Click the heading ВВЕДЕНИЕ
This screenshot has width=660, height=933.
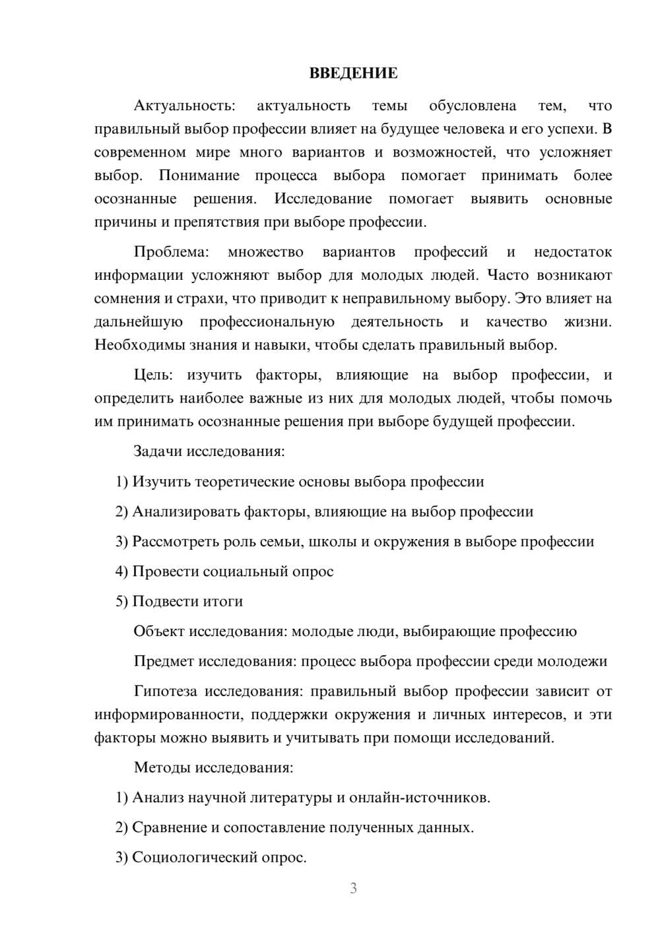click(353, 73)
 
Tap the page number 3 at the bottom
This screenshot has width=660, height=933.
click(353, 888)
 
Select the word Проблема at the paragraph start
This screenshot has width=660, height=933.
click(172, 252)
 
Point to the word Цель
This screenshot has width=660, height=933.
click(153, 375)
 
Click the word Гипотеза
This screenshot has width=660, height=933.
click(165, 692)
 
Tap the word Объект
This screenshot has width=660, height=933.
click(159, 631)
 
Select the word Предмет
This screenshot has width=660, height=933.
click(164, 661)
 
